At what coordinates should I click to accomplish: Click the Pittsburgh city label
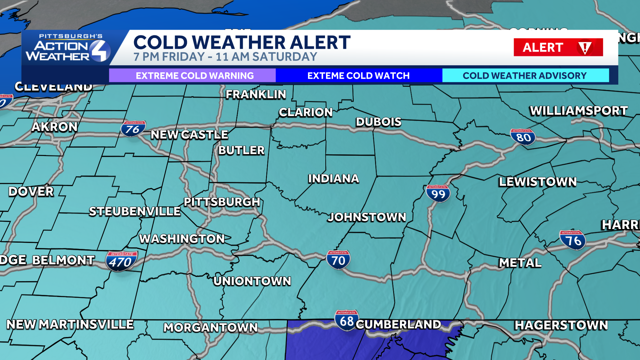point(222,202)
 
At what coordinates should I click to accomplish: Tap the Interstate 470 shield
point(121,261)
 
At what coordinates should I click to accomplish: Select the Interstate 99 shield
point(438,193)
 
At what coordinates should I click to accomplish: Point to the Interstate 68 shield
point(347,320)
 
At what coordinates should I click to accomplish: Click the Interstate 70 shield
point(338,260)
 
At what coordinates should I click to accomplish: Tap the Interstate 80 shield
point(523,137)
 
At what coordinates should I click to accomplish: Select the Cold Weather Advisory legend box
point(525,76)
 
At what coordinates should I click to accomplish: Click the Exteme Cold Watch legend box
point(359,76)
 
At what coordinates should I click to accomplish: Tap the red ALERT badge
point(558,47)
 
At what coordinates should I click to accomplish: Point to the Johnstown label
point(367,217)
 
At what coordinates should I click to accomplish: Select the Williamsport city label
point(579,111)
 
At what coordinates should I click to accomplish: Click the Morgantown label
point(211,327)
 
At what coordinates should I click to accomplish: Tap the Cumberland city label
point(398,324)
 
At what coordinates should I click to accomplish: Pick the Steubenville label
point(135,211)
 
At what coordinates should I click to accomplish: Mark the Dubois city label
point(379,122)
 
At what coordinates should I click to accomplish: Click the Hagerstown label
point(561,325)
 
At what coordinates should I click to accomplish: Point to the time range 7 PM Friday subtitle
point(225,57)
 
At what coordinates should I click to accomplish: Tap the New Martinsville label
point(70,324)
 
